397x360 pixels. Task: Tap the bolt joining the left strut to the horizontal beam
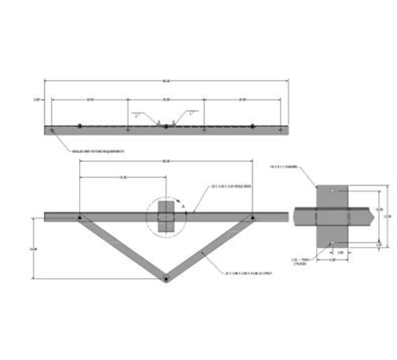coord(78,217)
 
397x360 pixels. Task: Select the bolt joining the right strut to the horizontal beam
coord(252,217)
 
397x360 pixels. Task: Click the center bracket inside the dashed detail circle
coord(165,215)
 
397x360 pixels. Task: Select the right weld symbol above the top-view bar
coord(189,114)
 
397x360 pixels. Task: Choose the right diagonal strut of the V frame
coord(209,248)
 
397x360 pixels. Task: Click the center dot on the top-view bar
coord(165,128)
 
